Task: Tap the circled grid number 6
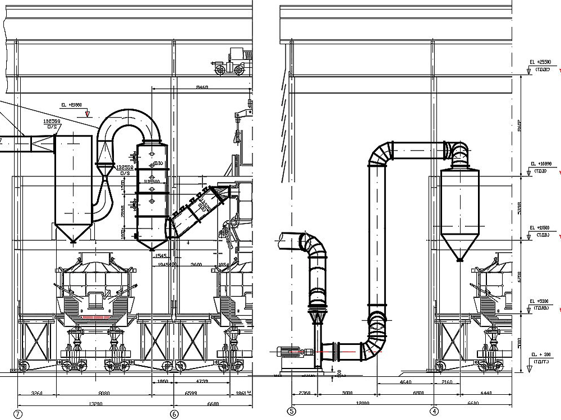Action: click(174, 414)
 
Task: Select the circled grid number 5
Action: click(291, 412)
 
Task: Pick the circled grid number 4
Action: click(435, 412)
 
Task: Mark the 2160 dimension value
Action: click(447, 382)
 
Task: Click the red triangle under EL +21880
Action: click(87, 114)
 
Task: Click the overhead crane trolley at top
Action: click(231, 62)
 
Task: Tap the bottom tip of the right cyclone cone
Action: click(459, 260)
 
